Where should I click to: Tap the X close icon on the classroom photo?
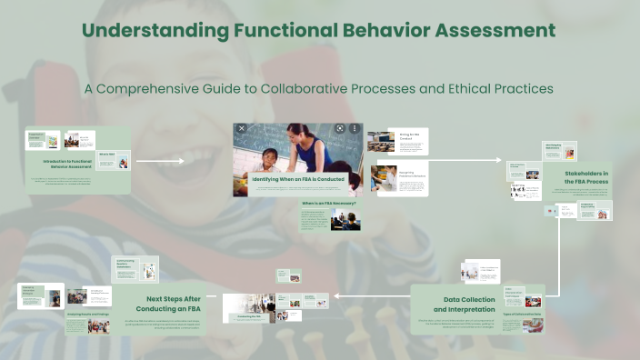pos(242,129)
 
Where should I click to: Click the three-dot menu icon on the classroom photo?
pos(354,129)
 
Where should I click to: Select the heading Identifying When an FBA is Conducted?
pos(298,179)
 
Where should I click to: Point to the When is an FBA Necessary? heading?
pos(328,204)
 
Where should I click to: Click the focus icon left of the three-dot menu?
pos(339,129)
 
